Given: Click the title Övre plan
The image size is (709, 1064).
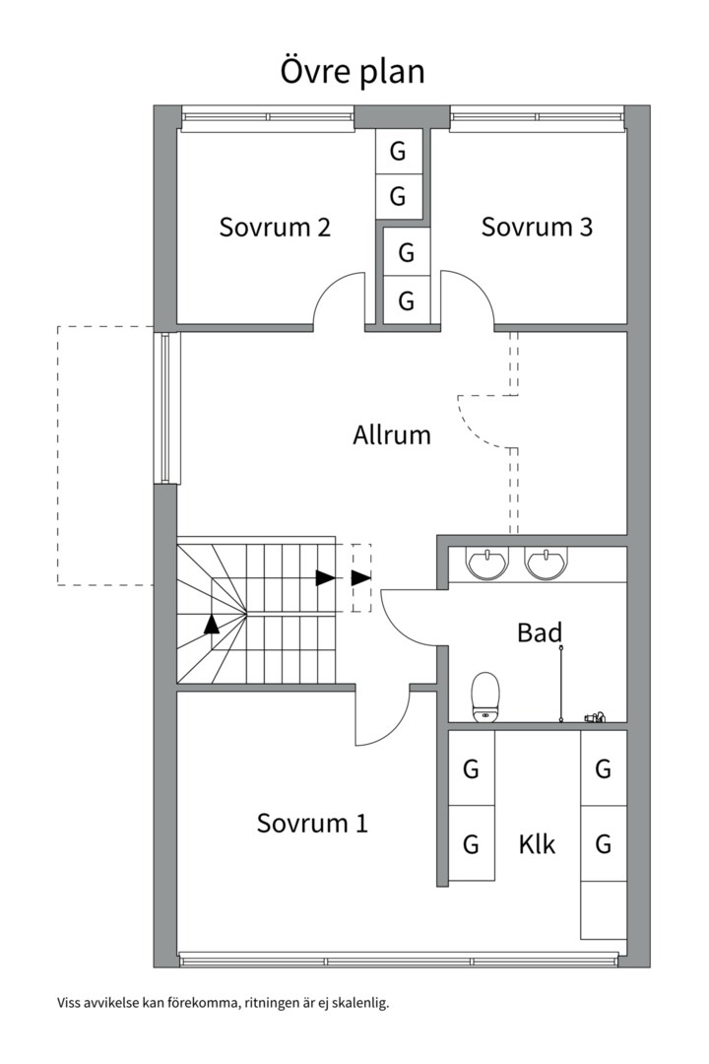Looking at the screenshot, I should (x=353, y=72).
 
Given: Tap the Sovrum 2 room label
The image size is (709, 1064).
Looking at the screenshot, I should (x=275, y=228).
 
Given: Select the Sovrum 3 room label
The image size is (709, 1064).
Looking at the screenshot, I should (x=537, y=228).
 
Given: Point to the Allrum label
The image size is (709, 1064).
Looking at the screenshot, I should (x=392, y=434).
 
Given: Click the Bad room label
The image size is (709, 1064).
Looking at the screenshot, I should (x=539, y=632).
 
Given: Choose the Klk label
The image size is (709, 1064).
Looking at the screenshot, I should (x=537, y=844).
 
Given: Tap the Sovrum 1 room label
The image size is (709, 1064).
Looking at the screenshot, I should (x=312, y=823).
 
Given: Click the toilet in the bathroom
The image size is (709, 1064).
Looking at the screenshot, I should (x=485, y=697).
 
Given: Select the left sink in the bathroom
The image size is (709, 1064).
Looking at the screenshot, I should (x=486, y=564).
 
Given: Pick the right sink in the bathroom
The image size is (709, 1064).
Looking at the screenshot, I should (x=545, y=564).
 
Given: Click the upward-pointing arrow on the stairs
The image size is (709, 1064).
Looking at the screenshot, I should (x=212, y=623).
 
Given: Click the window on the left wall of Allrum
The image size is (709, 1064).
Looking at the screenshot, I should (x=164, y=407).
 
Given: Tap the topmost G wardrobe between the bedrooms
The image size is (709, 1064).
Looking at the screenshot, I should (x=398, y=152).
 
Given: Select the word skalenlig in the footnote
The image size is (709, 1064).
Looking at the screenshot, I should (x=361, y=1003).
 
